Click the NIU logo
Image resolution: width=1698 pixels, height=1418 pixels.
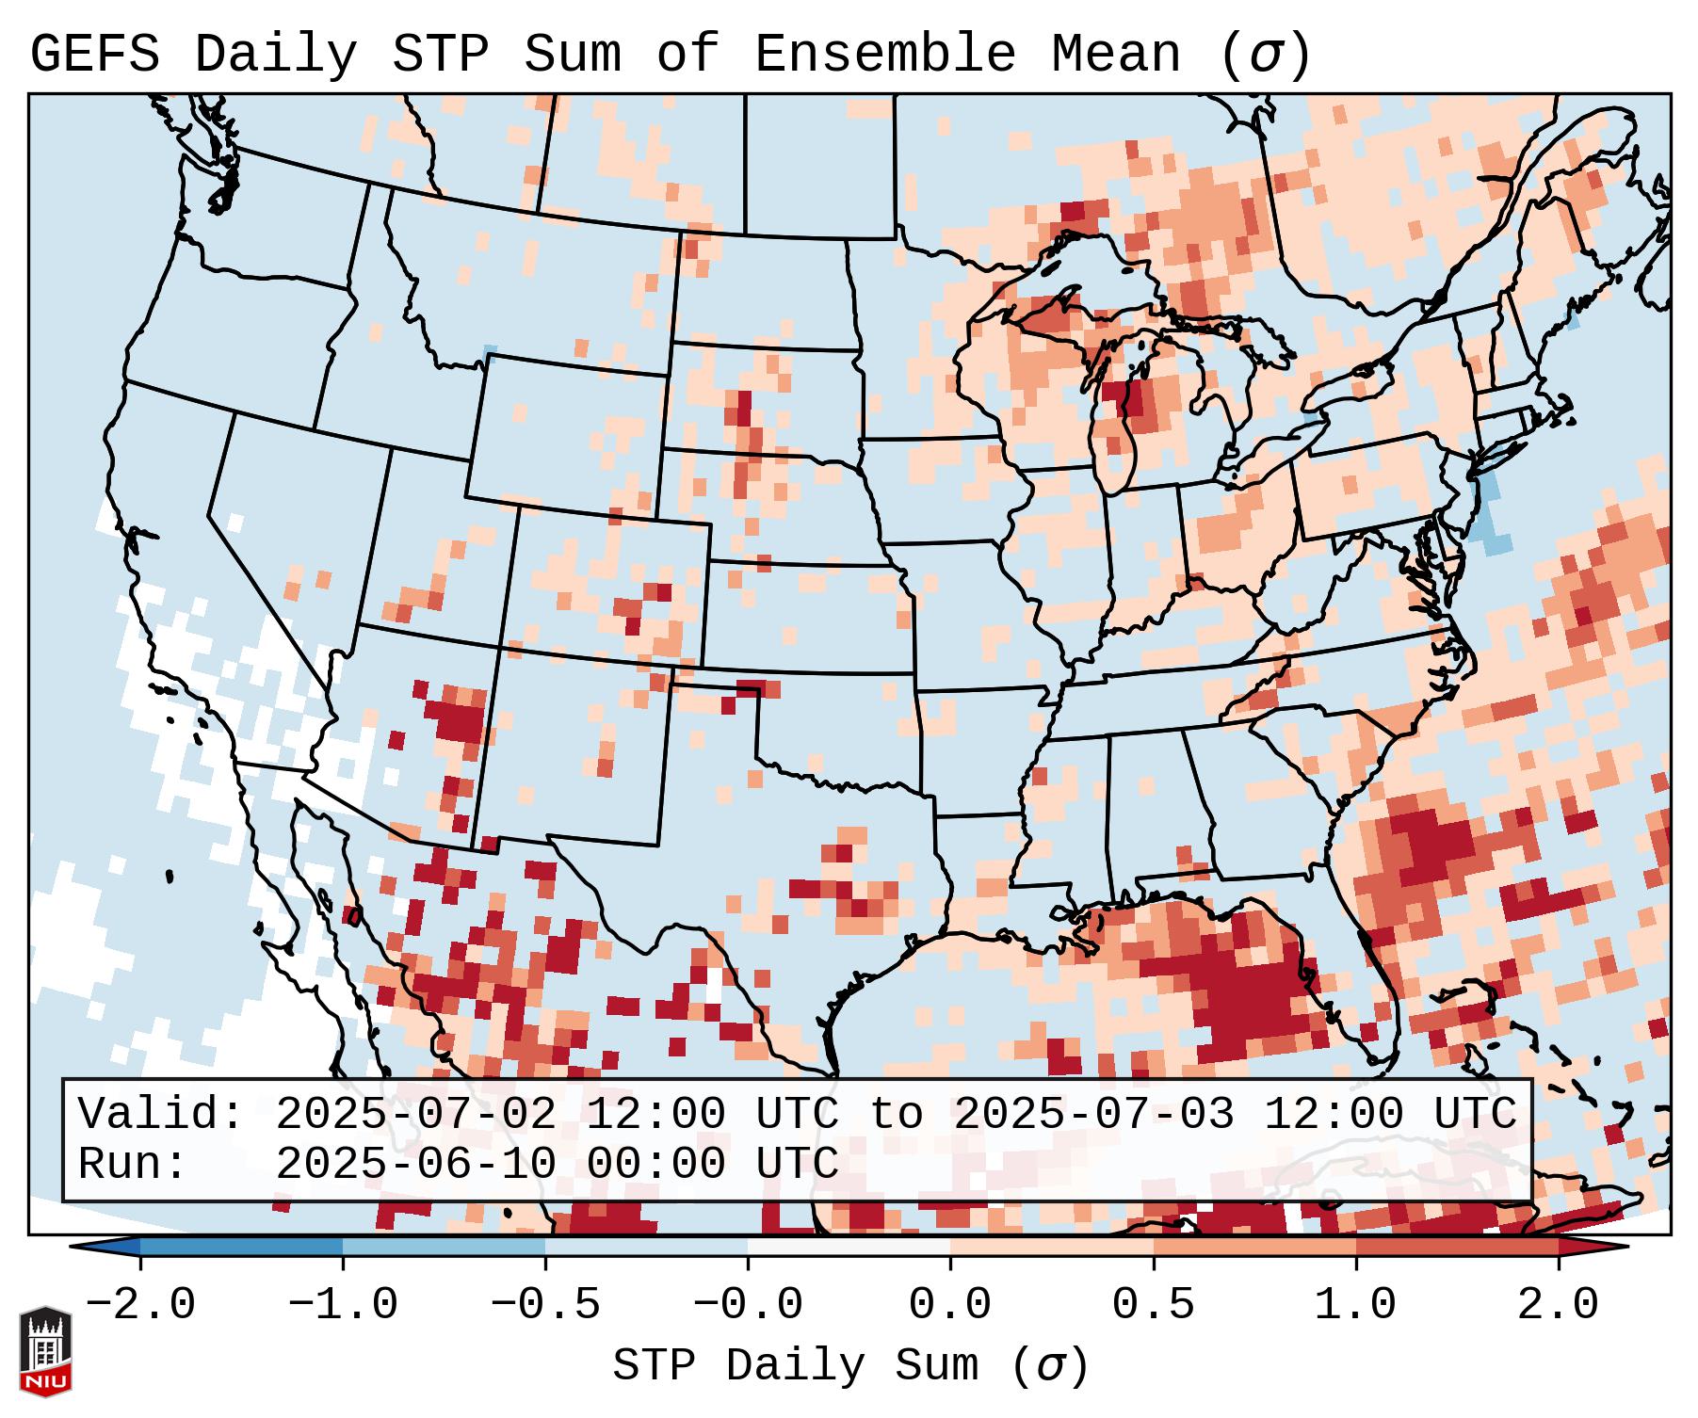point(45,1350)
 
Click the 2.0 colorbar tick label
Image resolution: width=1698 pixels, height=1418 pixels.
point(1558,1305)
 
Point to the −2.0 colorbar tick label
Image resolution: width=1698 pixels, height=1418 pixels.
point(140,1305)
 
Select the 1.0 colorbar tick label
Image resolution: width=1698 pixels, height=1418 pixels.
point(1355,1305)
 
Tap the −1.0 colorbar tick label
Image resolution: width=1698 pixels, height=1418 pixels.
point(342,1305)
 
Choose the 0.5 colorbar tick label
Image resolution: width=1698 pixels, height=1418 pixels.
point(1153,1305)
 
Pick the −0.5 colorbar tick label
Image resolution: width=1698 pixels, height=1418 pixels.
point(545,1305)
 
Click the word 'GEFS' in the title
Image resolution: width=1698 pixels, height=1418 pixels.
point(95,55)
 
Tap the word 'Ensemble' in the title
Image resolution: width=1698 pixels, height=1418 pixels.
point(885,55)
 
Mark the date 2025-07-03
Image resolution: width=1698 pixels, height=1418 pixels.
point(1094,1114)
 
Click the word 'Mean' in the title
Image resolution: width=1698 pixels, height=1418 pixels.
point(1116,55)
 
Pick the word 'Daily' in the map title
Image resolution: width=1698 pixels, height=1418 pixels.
point(276,55)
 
